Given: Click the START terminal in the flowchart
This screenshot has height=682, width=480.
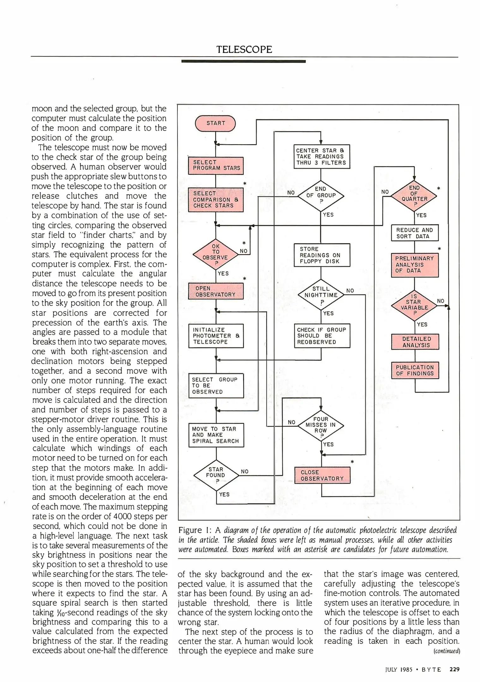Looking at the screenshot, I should tap(216, 123).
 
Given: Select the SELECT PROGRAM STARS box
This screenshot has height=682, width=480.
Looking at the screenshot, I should tap(216, 165).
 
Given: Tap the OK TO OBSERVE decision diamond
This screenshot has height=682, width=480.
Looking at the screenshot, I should tap(216, 254).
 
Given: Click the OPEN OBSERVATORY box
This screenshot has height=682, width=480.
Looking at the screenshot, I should tap(216, 291).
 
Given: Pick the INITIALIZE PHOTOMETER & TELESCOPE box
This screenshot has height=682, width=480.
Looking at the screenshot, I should tap(216, 336).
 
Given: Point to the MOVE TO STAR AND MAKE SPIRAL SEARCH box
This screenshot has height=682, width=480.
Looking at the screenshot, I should tap(216, 435).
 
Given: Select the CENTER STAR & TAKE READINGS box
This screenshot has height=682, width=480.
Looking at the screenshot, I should tap(321, 157).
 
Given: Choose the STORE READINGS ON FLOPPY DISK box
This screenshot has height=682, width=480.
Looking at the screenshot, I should tap(321, 255).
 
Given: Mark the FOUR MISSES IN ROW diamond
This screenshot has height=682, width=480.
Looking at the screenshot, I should tap(321, 425).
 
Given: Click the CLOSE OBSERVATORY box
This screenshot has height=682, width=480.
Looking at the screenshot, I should tap(322, 475).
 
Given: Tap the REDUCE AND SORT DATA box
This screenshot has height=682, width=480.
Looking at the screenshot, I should tap(415, 233).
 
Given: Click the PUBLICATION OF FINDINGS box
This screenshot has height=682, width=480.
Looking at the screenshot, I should tap(415, 370).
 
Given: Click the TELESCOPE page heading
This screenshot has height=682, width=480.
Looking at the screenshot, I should tap(244, 50).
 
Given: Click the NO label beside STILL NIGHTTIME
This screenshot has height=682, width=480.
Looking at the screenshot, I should tap(350, 290).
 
